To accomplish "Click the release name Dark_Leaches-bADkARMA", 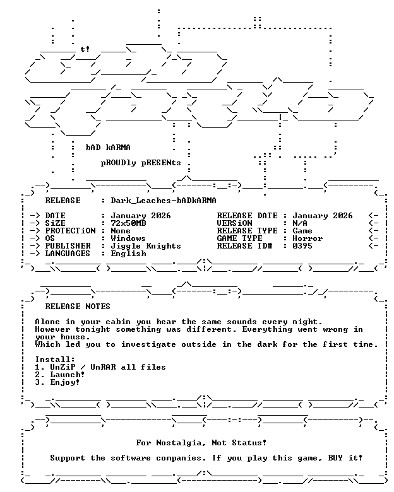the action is (164, 201).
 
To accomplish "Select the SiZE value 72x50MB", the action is (128, 223).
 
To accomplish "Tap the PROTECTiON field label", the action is (70, 231).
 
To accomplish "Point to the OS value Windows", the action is (128, 238).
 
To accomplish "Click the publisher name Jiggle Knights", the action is (146, 246).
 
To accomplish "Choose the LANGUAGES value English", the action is (129, 254).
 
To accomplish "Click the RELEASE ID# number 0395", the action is (302, 246).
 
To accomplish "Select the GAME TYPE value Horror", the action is (307, 238).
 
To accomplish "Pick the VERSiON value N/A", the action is (300, 223).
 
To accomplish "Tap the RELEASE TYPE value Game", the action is (302, 231).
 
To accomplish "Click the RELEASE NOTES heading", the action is (78, 307).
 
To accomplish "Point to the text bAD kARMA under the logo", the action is (108, 148).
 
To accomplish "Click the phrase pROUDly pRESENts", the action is (141, 163).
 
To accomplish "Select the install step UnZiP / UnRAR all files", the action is (108, 367).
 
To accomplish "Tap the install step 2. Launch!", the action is (60, 375).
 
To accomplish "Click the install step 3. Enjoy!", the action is (57, 382).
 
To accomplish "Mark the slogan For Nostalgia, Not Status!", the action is (201, 443).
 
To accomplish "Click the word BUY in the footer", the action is (335, 458).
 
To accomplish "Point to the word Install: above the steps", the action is (55, 360).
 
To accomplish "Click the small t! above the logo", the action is (85, 49).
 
